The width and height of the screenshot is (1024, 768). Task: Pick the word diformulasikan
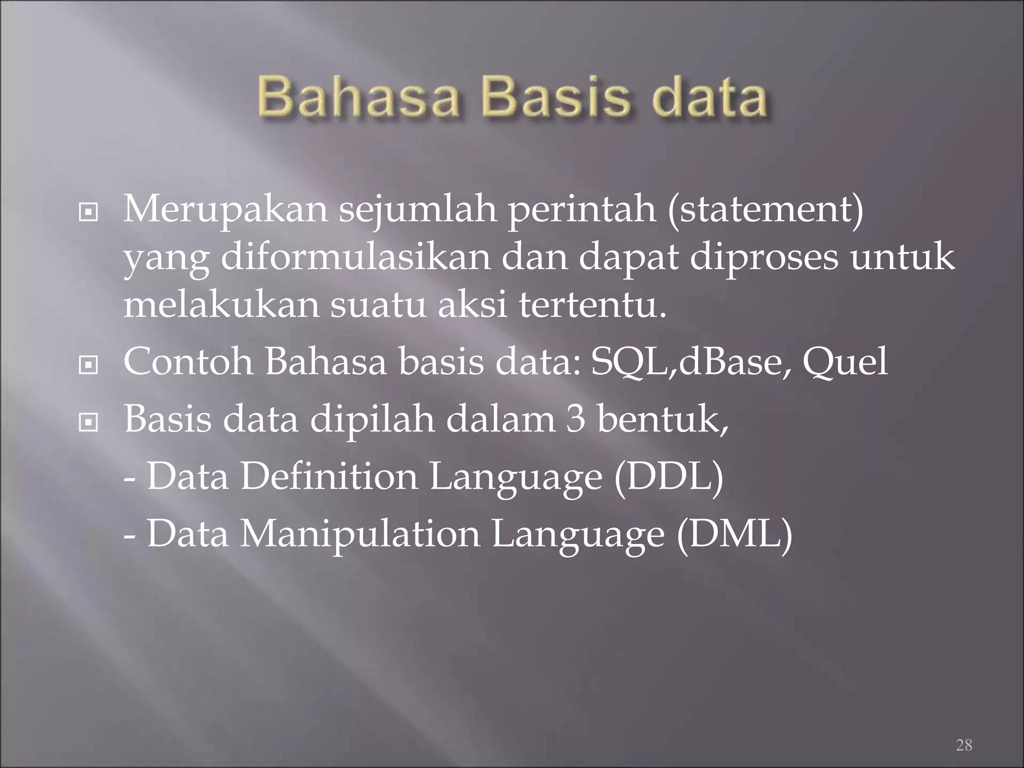tap(356, 259)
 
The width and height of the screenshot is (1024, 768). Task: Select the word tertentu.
tap(592, 305)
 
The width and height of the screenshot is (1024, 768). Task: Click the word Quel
tap(845, 362)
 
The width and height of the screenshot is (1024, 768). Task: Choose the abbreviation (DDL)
tap(669, 477)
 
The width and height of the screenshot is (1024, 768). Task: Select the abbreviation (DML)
tap(734, 534)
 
